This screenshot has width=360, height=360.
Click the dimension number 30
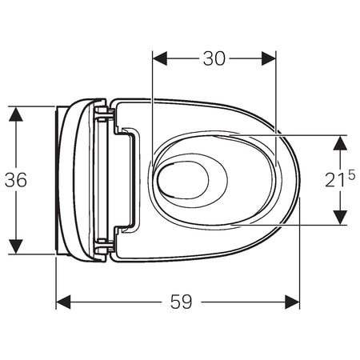[x=214, y=58]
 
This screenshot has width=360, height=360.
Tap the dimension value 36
[x=15, y=180]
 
